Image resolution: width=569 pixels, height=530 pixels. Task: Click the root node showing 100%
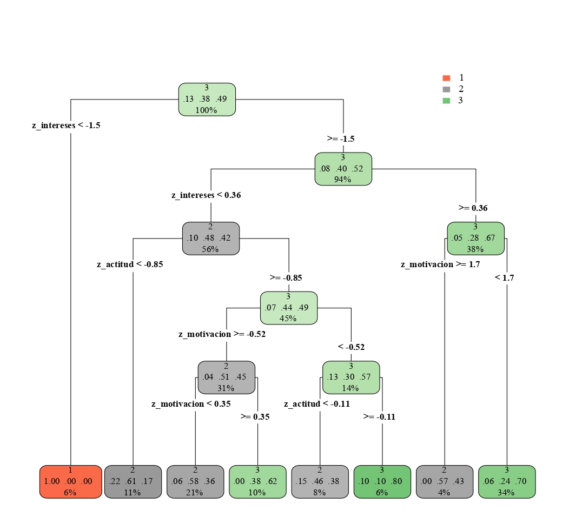coord(207,99)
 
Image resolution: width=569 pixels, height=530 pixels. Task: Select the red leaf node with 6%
coord(70,481)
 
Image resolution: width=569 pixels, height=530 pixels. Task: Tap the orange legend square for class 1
coord(446,78)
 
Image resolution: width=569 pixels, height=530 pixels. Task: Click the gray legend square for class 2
coord(446,89)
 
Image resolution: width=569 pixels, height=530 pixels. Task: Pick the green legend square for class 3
coord(446,101)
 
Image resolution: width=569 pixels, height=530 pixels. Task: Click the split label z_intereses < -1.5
coord(66,125)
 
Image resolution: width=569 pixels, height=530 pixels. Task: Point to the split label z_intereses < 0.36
coord(206,195)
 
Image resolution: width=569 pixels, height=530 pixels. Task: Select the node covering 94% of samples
coord(343,169)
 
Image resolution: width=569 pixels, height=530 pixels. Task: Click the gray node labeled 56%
coord(210,238)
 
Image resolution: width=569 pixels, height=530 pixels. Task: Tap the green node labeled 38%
coord(475,238)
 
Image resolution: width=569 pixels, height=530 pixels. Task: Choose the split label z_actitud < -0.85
coord(130,265)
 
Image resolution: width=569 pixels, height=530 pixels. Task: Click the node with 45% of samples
coord(288,308)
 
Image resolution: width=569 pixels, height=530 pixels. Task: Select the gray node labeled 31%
coord(226,377)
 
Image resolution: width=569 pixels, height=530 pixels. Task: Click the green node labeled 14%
coord(351,377)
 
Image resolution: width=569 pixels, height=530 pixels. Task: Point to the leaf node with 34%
coord(507,481)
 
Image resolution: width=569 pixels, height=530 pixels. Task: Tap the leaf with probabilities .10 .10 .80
coord(382,481)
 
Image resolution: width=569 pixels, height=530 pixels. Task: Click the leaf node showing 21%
coord(195,481)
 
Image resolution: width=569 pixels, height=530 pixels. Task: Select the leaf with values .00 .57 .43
coord(445,481)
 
